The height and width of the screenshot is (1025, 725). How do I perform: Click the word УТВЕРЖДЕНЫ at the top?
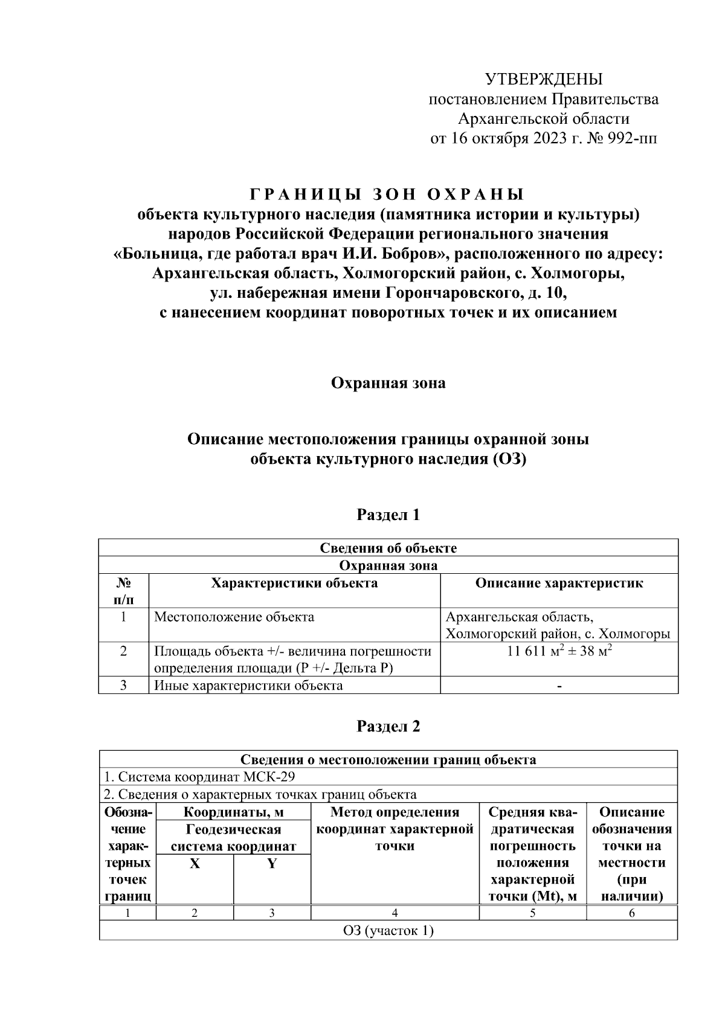coord(544,79)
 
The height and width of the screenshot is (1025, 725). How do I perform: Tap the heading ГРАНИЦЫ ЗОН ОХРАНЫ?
coord(387,194)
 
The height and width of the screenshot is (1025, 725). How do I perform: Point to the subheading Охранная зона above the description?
coord(388,383)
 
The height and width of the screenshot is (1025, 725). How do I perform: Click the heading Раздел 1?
coord(388,515)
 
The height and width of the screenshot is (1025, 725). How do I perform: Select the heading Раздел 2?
coord(388,726)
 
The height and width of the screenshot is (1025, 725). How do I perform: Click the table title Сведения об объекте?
coord(388,548)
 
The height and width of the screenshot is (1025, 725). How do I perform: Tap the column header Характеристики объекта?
coord(294,583)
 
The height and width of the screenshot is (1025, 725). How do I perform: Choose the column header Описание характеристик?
coord(559,583)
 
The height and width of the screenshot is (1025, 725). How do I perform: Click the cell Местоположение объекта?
coord(234,617)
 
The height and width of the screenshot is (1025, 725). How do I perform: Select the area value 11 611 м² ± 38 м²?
coord(559,651)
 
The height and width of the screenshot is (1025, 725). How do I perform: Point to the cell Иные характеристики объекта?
coord(248,686)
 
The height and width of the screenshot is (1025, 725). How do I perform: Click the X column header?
coord(195,864)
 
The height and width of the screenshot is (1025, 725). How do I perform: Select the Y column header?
coord(272,864)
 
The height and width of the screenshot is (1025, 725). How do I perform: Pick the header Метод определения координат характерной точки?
coord(395,829)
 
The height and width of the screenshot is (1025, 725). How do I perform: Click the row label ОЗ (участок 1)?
coord(388,931)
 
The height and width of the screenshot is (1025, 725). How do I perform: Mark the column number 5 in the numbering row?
coord(532,913)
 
